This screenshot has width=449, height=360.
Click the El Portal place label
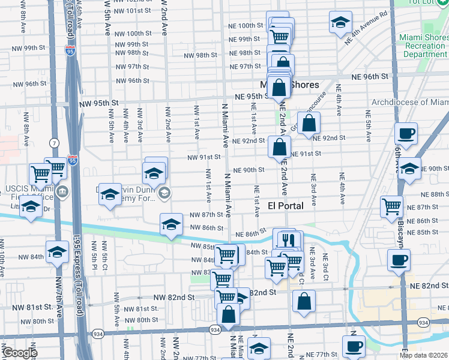(x=285, y=206)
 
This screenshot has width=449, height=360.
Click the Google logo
(x=19, y=353)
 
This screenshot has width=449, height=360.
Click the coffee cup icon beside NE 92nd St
(x=406, y=134)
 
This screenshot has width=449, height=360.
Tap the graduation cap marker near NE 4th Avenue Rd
(x=340, y=23)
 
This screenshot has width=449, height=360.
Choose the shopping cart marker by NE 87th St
(x=391, y=206)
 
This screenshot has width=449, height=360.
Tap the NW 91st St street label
(x=203, y=157)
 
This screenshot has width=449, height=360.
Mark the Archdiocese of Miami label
(x=409, y=102)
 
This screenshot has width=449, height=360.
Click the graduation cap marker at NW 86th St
(x=171, y=225)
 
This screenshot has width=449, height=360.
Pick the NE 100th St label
(x=246, y=26)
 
